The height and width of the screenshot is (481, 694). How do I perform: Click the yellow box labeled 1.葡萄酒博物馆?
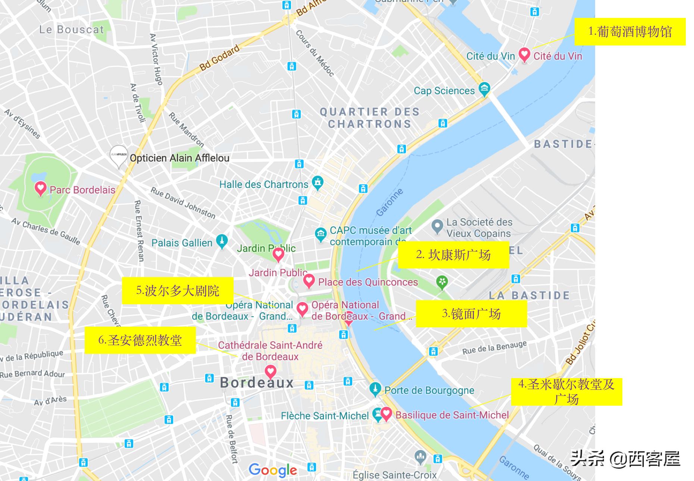(x=630, y=32)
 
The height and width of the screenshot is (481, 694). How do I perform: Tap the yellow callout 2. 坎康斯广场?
(x=453, y=255)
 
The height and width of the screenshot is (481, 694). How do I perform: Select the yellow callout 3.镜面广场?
(x=471, y=314)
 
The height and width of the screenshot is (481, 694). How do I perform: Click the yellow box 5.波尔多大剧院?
(x=178, y=290)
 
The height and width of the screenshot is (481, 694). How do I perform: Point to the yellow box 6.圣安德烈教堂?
(x=140, y=340)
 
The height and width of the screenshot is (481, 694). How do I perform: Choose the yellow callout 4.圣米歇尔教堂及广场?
(x=566, y=392)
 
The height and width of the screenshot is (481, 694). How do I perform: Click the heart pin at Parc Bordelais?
(x=40, y=188)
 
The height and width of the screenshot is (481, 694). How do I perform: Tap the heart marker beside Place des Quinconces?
(x=309, y=281)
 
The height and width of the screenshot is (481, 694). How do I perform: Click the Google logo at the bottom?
(x=273, y=470)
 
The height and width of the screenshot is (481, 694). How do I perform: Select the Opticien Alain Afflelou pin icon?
(x=119, y=155)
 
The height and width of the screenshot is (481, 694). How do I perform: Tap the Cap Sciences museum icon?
(x=484, y=89)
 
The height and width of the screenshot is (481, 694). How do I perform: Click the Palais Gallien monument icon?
(x=222, y=241)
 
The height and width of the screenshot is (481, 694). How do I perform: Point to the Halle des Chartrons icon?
(x=318, y=183)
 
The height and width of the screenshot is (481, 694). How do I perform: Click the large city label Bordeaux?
(x=257, y=383)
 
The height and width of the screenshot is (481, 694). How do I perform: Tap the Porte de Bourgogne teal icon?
(x=375, y=389)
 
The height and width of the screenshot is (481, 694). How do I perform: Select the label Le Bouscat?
(x=72, y=29)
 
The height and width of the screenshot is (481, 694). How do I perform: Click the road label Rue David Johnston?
(x=183, y=203)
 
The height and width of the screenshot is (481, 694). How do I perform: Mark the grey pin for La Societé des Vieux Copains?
(x=437, y=226)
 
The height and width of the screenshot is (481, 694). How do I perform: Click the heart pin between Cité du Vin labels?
(x=524, y=55)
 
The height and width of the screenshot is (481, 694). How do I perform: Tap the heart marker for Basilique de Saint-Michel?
(x=386, y=413)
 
